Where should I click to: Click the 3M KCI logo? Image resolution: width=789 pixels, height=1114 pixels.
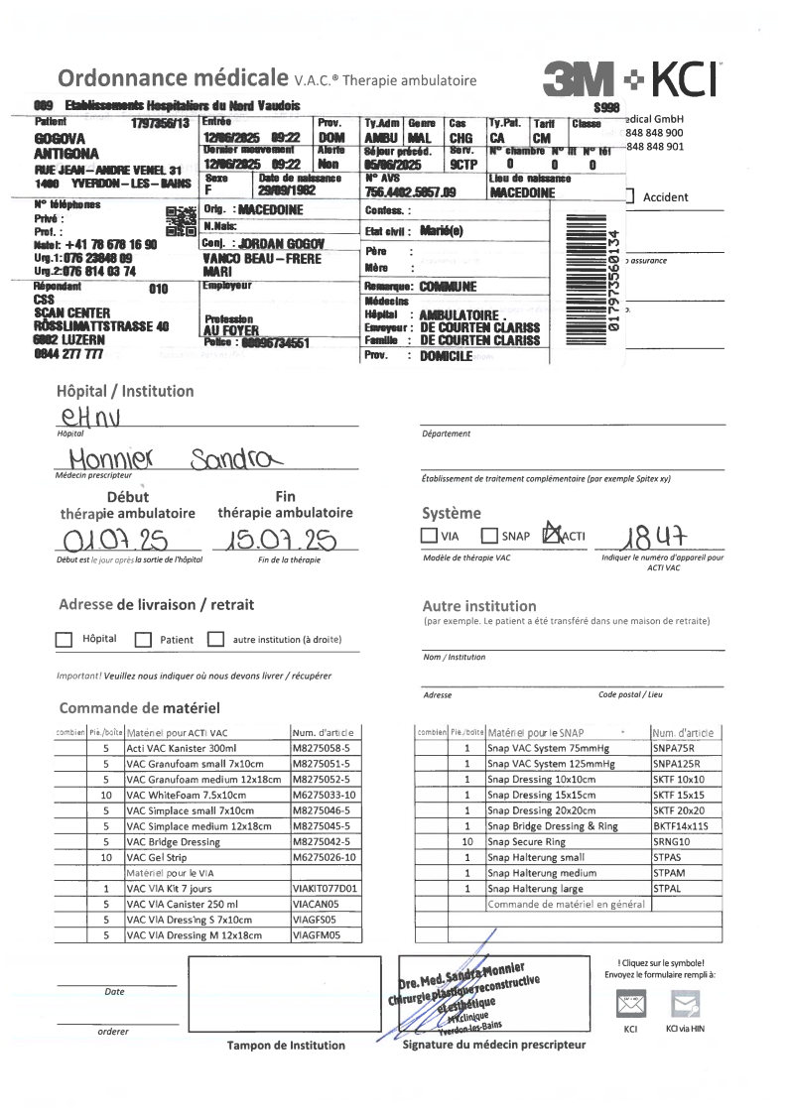coord(632,78)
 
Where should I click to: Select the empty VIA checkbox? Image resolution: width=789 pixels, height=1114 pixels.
coord(429,536)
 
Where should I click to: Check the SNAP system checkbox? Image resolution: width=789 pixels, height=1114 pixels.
coord(488,536)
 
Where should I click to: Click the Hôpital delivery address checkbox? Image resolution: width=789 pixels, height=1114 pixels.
coord(65,640)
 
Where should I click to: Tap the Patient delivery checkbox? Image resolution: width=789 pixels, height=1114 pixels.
coord(142,640)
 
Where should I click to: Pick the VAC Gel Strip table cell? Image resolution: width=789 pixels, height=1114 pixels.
coord(206,857)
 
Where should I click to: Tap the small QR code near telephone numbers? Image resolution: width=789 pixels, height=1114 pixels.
coord(182,221)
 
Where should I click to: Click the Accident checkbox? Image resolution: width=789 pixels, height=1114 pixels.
coord(630,197)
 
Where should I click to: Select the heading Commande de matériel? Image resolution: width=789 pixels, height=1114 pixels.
coord(138,708)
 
